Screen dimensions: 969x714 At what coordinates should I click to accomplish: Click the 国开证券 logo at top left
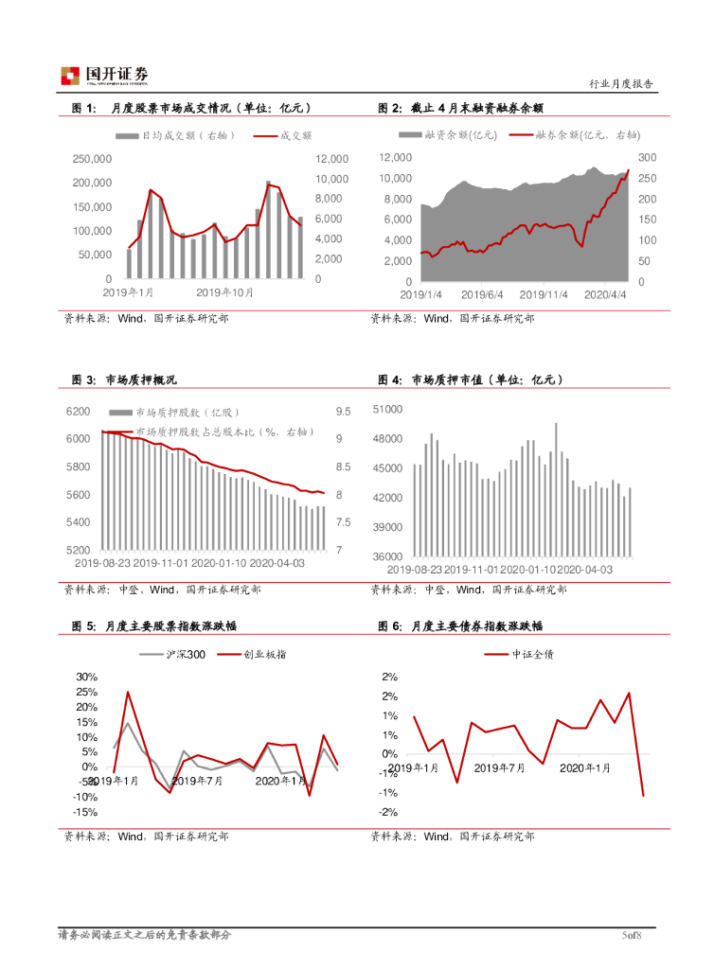(x=104, y=75)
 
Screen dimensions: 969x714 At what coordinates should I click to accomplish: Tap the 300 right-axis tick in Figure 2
(x=647, y=157)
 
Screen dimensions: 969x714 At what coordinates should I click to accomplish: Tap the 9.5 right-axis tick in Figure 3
(x=343, y=412)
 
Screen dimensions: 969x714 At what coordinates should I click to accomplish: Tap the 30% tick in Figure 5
(x=87, y=678)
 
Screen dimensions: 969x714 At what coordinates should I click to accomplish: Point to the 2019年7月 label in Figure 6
(x=500, y=767)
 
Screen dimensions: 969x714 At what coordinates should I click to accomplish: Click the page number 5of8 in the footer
(x=632, y=936)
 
